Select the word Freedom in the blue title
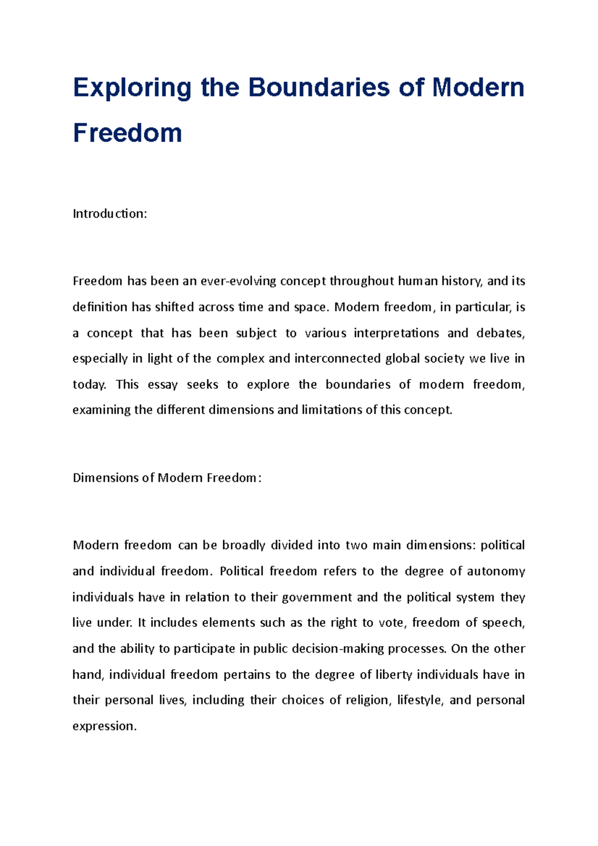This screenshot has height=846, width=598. pyautogui.click(x=128, y=133)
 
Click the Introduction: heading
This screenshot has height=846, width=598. pyautogui.click(x=110, y=214)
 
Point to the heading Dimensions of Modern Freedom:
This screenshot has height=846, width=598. pyautogui.click(x=167, y=478)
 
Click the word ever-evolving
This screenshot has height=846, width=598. pyautogui.click(x=239, y=282)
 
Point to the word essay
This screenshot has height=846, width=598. pyautogui.click(x=162, y=385)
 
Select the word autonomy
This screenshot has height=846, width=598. pyautogui.click(x=495, y=571)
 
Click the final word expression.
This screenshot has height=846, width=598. pyautogui.click(x=104, y=726)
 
